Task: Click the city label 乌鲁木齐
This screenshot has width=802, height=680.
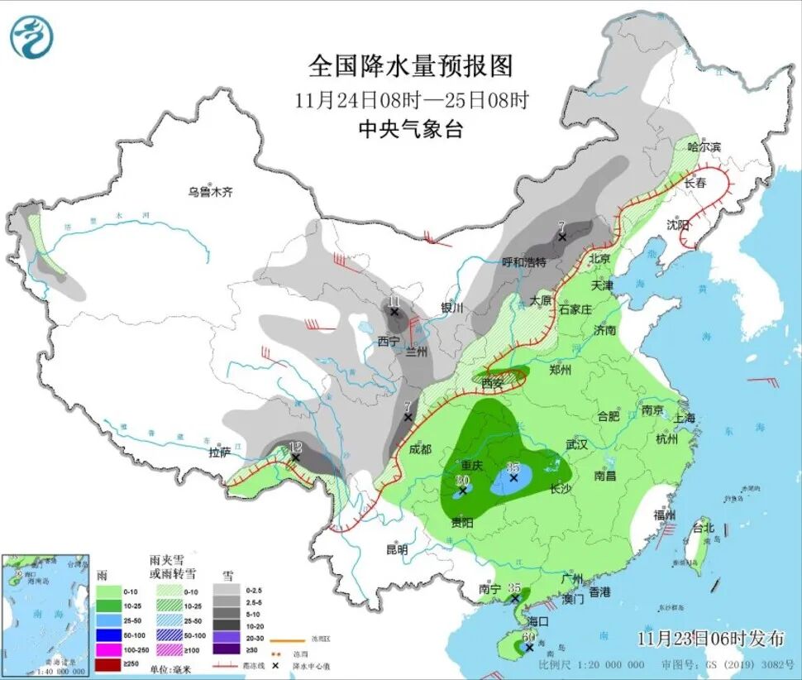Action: [x=209, y=192]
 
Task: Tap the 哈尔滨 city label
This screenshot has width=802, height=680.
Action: [x=704, y=146]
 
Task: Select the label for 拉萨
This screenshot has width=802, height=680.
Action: [x=219, y=452]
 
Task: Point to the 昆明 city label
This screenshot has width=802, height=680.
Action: [x=397, y=549]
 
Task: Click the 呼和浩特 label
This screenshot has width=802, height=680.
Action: [x=524, y=262]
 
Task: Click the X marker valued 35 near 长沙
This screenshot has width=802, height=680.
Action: [x=513, y=477]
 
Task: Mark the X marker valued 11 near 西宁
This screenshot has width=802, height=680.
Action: [x=394, y=312]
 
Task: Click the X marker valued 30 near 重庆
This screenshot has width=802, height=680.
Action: [x=463, y=491]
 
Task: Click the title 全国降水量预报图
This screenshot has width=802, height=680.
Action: [x=411, y=65]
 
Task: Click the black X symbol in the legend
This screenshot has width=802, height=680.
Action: [x=226, y=664]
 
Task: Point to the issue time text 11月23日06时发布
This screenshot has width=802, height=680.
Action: [x=710, y=638]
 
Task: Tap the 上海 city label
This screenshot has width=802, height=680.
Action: [x=684, y=418]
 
